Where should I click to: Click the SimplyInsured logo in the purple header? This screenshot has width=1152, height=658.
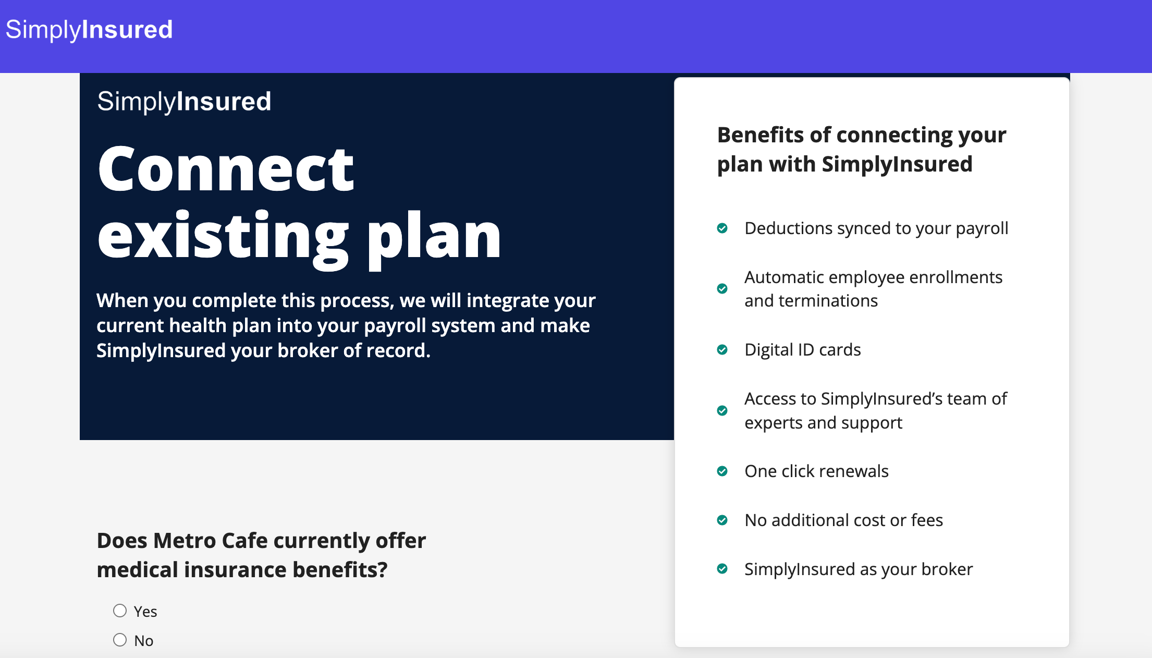click(89, 30)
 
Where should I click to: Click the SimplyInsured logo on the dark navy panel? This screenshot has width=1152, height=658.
click(184, 102)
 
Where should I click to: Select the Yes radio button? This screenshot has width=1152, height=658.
click(120, 611)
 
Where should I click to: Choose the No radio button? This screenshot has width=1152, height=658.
click(120, 640)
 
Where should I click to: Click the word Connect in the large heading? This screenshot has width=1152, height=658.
click(226, 169)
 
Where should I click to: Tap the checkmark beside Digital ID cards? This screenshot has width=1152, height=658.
click(722, 349)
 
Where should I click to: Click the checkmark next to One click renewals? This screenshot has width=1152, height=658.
click(722, 471)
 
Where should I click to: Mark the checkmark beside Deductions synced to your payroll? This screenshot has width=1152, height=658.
click(722, 228)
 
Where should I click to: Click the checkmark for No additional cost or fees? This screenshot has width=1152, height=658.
click(722, 520)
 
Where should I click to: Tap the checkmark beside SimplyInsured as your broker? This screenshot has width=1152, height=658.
click(722, 569)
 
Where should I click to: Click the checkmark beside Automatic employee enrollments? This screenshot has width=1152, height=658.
click(722, 289)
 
